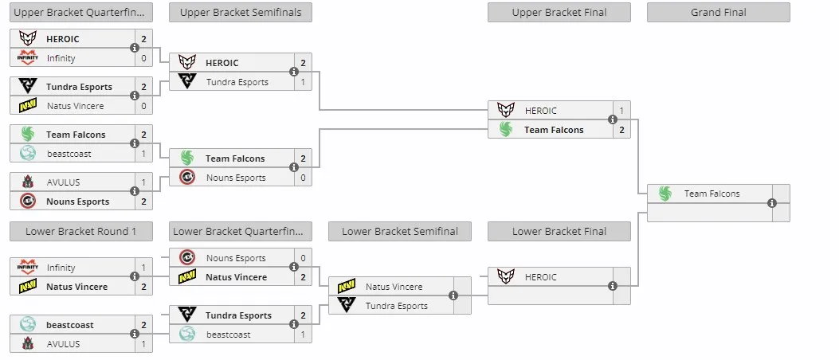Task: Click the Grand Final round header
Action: click(718, 12)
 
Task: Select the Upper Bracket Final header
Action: click(559, 12)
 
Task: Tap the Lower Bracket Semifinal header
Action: click(400, 232)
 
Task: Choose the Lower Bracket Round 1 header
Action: click(80, 232)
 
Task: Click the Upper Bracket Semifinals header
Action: click(241, 12)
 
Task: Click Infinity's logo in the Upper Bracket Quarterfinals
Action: click(27, 57)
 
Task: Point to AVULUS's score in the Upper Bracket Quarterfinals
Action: click(143, 182)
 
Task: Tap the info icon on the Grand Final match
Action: click(771, 203)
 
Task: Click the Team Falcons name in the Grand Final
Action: click(712, 194)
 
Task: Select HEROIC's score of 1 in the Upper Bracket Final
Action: click(621, 111)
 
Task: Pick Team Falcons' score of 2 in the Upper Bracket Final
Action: click(621, 130)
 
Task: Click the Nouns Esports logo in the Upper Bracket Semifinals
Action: click(186, 177)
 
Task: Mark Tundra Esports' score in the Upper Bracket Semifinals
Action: click(303, 82)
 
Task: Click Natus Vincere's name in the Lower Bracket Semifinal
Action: click(394, 287)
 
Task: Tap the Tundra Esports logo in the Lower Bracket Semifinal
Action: click(347, 305)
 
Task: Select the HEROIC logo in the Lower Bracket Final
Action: click(506, 276)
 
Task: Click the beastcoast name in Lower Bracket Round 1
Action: click(70, 325)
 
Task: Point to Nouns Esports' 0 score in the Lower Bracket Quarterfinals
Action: click(303, 258)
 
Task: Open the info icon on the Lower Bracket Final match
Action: click(613, 286)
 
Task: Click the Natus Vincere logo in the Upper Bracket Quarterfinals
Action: click(27, 105)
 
